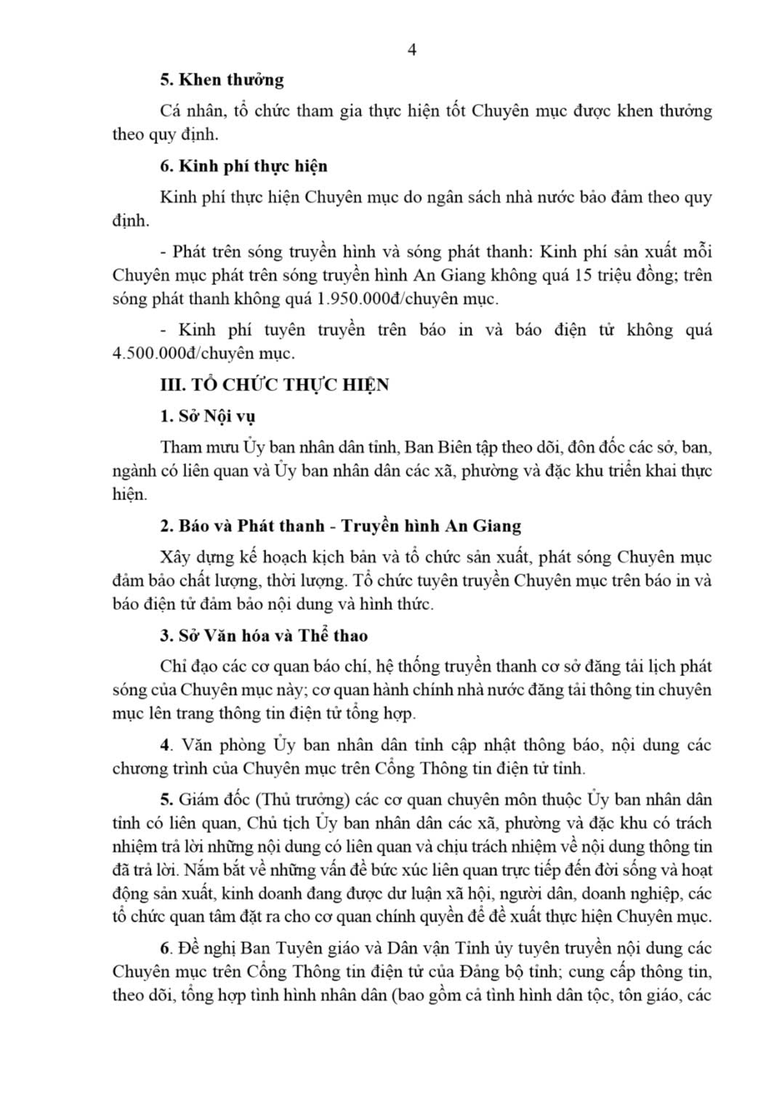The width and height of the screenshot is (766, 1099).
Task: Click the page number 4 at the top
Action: pyautogui.click(x=412, y=50)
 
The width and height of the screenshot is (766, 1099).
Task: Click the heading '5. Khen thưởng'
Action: pyautogui.click(x=222, y=80)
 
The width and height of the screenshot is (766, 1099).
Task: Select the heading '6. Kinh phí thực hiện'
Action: pyautogui.click(x=243, y=166)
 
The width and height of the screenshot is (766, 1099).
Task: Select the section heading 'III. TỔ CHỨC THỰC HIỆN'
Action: pyautogui.click(x=274, y=385)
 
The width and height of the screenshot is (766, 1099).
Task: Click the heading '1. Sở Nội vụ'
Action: pyautogui.click(x=207, y=417)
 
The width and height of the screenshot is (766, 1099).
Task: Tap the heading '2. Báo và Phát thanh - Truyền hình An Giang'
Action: pyautogui.click(x=340, y=526)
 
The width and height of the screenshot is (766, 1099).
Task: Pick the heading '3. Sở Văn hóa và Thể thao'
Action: pyautogui.click(x=264, y=636)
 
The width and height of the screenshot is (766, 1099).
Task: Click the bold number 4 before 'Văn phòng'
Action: pyautogui.click(x=165, y=746)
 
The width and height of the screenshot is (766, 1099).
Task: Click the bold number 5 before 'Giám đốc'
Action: pyautogui.click(x=165, y=800)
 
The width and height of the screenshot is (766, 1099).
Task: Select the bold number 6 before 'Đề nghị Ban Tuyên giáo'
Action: pyautogui.click(x=165, y=949)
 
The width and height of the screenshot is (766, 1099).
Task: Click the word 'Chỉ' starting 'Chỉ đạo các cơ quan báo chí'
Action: pyautogui.click(x=171, y=667)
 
